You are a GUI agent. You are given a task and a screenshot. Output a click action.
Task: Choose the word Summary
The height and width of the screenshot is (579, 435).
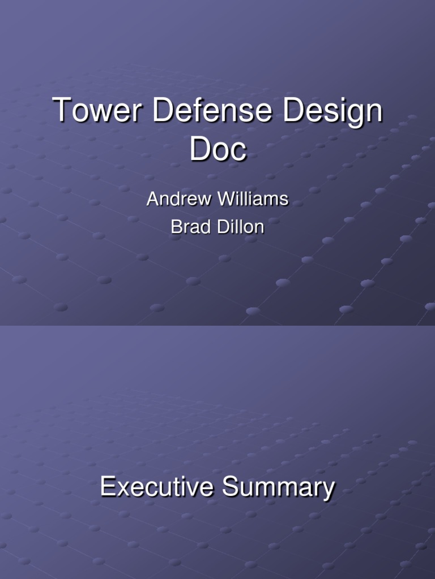coord(278,488)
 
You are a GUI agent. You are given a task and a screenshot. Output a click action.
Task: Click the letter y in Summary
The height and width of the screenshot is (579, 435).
coord(328,491)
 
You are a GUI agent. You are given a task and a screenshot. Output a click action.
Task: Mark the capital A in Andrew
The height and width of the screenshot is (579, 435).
coord(152,199)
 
